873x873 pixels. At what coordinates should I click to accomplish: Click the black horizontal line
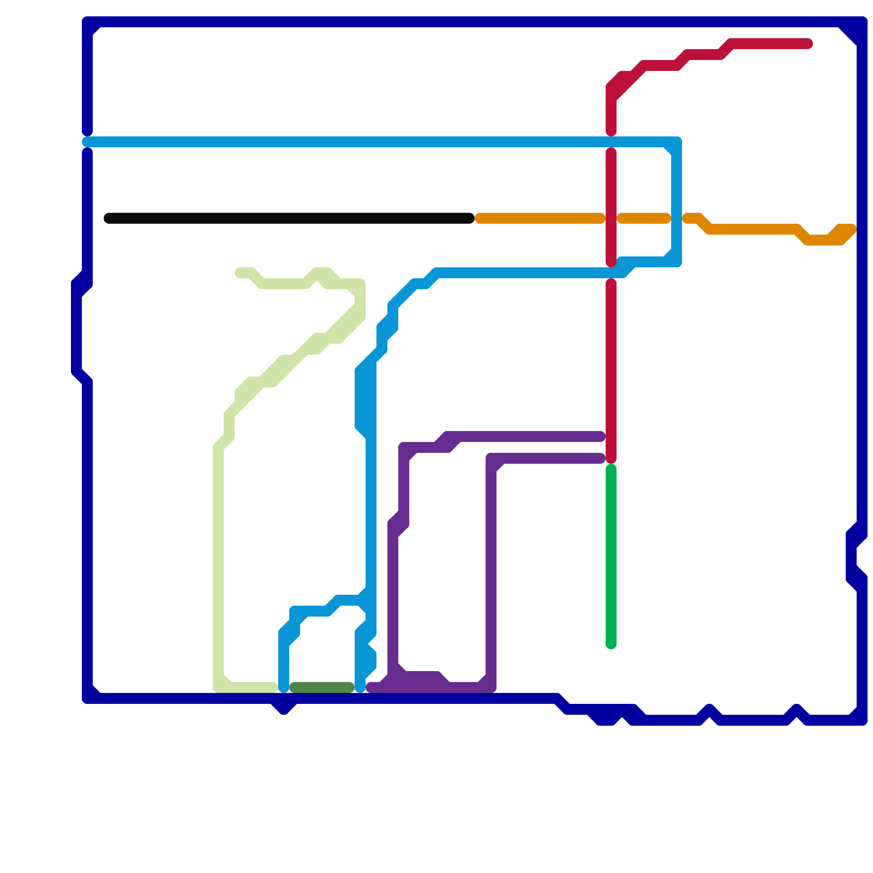pyautogui.click(x=289, y=218)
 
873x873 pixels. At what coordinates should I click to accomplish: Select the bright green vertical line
pyautogui.click(x=611, y=557)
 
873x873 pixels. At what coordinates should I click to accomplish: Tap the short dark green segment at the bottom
pyautogui.click(x=322, y=687)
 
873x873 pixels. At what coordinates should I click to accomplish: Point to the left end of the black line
pyautogui.click(x=108, y=218)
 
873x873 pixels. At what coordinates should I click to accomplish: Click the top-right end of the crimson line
pyautogui.click(x=809, y=44)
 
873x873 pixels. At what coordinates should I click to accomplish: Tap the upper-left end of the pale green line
pyautogui.click(x=239, y=272)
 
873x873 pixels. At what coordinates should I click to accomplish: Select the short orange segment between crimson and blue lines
pyautogui.click(x=644, y=218)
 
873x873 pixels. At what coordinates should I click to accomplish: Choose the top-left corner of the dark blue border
pyautogui.click(x=87, y=22)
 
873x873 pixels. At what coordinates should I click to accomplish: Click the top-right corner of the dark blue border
pyautogui.click(x=862, y=22)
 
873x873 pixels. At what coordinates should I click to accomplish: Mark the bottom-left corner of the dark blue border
pyautogui.click(x=87, y=698)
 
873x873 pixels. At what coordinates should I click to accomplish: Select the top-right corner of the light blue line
pyautogui.click(x=677, y=142)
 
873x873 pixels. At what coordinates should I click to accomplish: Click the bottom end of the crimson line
pyautogui.click(x=611, y=459)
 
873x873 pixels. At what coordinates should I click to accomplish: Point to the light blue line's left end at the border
pyautogui.click(x=86, y=142)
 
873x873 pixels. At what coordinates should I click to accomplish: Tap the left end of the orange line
pyautogui.click(x=479, y=218)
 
